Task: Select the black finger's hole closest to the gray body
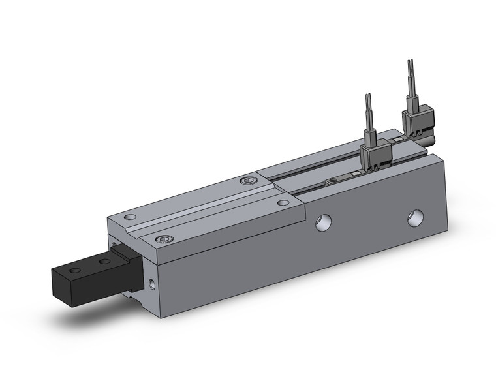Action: click(102, 261)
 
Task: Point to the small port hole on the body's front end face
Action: click(152, 284)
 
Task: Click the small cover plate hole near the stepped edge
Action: click(282, 203)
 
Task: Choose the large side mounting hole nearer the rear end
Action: click(414, 218)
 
